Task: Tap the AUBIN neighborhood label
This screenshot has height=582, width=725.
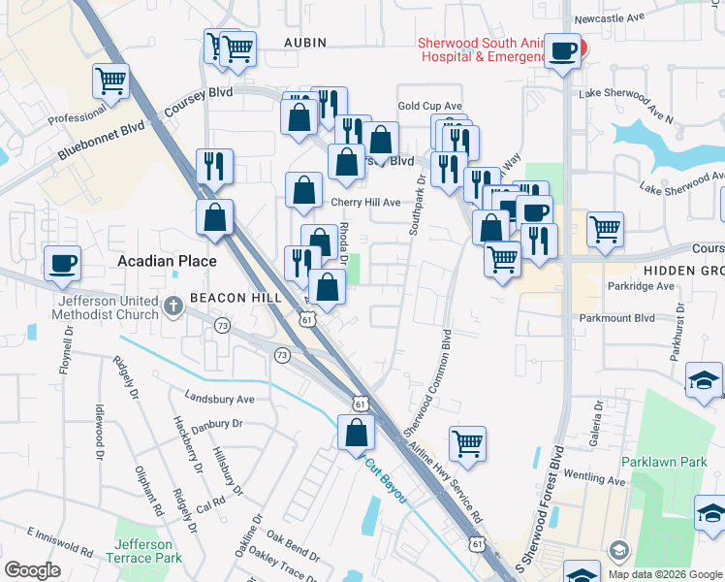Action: pos(305,43)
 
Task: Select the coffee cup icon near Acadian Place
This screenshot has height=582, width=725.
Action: pos(62,264)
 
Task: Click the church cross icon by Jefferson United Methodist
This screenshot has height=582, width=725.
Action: pos(173,307)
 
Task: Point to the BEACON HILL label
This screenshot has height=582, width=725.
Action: pos(235,297)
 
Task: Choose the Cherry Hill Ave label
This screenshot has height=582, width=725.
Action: pos(365,203)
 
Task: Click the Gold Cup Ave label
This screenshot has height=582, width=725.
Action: pos(429,106)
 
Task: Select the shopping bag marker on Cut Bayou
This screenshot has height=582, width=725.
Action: pos(356,433)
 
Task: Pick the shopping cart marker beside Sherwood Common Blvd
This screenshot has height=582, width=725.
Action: pos(467,443)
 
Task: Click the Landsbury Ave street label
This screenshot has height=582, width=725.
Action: pos(219,399)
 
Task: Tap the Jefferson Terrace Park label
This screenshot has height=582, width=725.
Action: pos(148,552)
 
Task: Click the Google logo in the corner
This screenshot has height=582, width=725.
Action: pos(32,570)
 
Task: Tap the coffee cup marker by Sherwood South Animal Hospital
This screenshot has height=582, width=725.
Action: pos(562,50)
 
